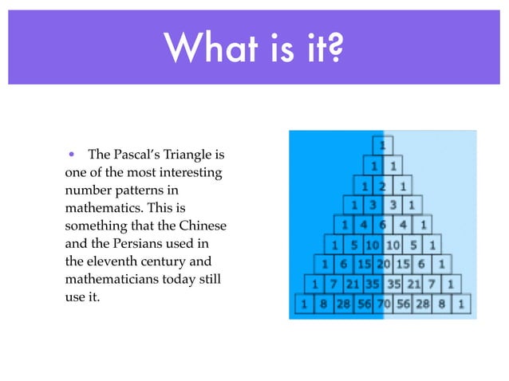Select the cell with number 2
click(383, 186)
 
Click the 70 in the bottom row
click(383, 303)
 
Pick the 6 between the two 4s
click(383, 225)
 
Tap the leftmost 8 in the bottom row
click(323, 303)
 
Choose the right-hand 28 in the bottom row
click(422, 303)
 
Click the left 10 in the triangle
click(373, 244)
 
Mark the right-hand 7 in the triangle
click(432, 283)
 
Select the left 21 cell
click(353, 283)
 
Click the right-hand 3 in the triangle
click(393, 205)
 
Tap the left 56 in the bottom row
click(363, 303)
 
